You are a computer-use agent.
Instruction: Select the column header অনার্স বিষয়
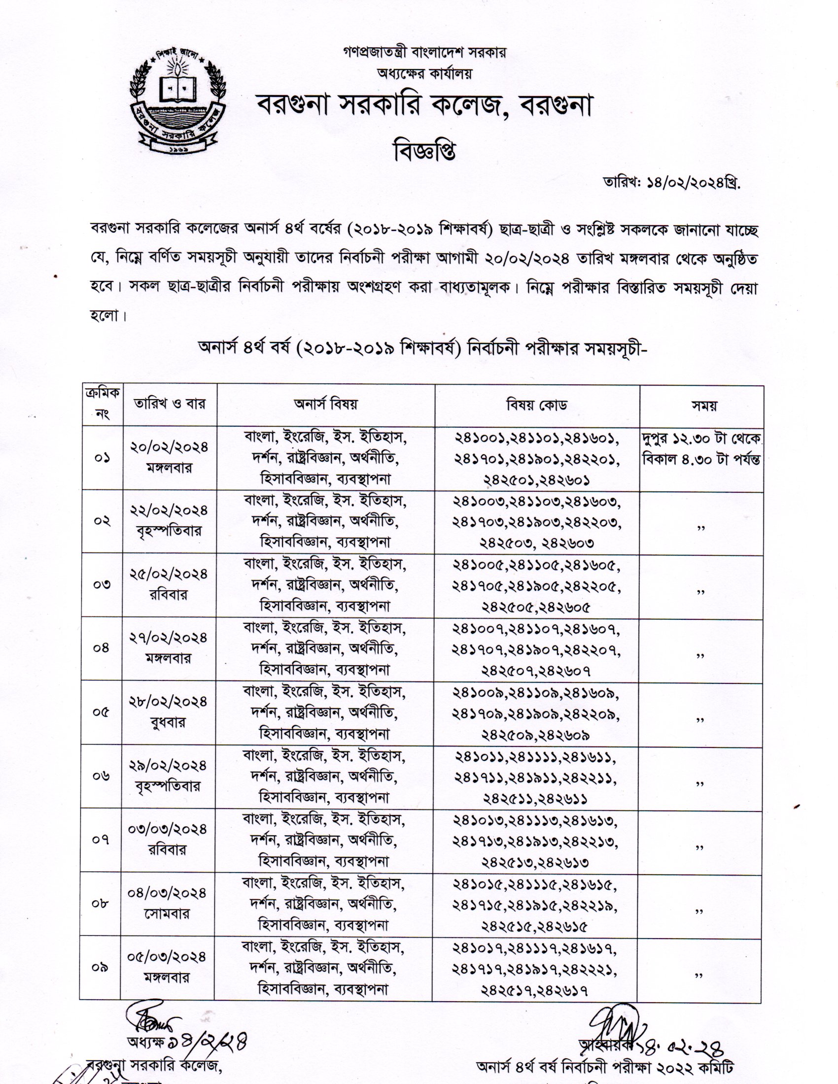(x=326, y=405)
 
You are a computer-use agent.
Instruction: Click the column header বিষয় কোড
(x=537, y=405)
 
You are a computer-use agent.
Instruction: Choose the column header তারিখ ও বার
(x=169, y=405)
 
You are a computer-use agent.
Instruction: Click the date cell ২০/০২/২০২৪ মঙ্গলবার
(x=169, y=457)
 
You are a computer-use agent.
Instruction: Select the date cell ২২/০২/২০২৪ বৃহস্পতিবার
(x=169, y=520)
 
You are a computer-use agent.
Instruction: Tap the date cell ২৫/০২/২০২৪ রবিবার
(x=169, y=584)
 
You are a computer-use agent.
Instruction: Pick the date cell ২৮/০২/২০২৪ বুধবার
(x=169, y=712)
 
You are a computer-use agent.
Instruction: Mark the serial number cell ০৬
(x=101, y=775)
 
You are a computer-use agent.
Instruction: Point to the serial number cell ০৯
(x=100, y=967)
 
